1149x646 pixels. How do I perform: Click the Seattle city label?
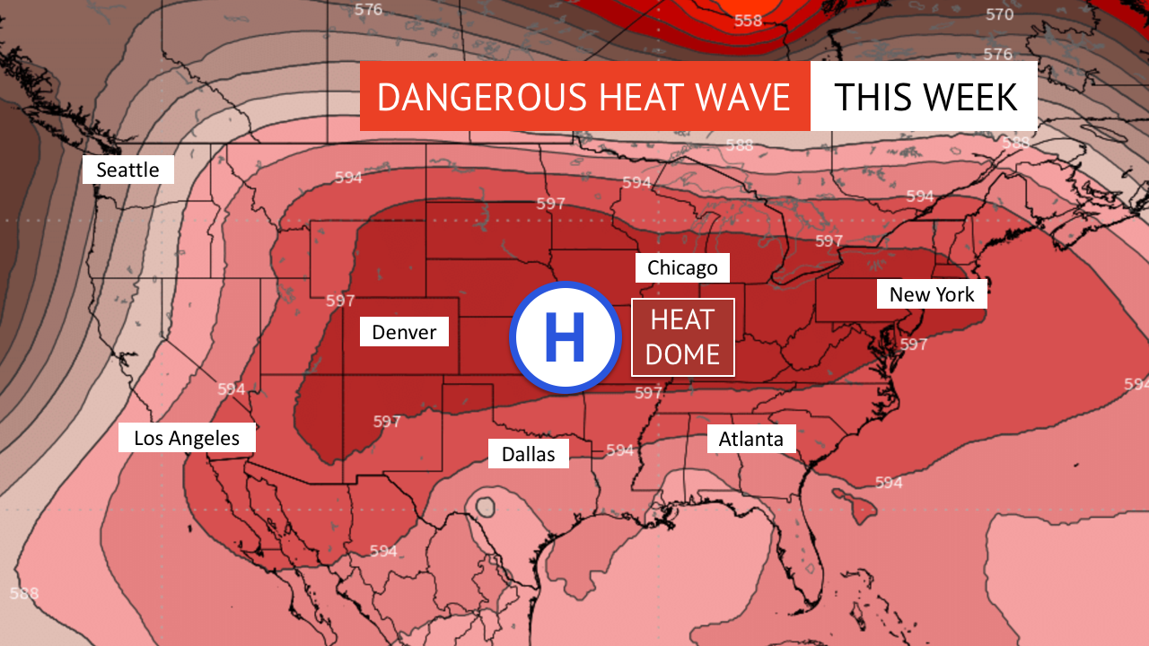tap(127, 170)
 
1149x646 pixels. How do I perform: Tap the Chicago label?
tap(682, 267)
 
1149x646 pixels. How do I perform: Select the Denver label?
tap(404, 332)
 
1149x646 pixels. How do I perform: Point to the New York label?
tap(932, 294)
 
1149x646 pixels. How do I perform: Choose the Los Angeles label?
tap(187, 438)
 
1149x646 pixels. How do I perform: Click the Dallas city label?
tap(528, 454)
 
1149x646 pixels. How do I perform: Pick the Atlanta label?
tap(751, 439)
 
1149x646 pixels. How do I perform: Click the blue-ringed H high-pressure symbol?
tap(566, 337)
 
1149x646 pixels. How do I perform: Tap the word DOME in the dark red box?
tap(682, 355)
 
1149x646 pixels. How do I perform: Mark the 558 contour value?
tap(749, 21)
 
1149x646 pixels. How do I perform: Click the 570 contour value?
tap(999, 14)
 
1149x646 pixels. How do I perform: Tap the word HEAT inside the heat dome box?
tap(682, 319)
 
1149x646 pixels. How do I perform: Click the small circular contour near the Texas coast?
tap(486, 507)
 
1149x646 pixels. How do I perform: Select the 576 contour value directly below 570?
tap(997, 54)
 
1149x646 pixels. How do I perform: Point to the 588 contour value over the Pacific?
tap(24, 593)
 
